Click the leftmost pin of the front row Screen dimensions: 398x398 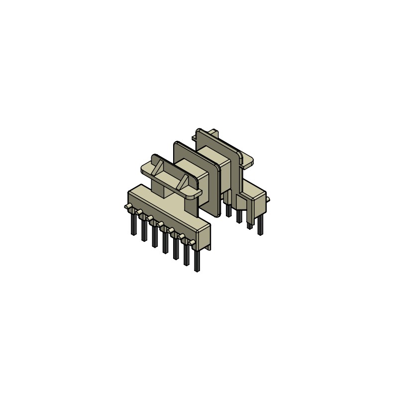pyautogui.click(x=133, y=224)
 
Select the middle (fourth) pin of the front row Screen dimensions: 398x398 pyautogui.click(x=165, y=242)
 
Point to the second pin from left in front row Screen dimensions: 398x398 pyautogui.click(x=144, y=230)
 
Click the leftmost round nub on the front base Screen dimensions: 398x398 pyautogui.click(x=127, y=206)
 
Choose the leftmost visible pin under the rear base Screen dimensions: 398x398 pyautogui.click(x=228, y=209)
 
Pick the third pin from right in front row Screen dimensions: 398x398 pyautogui.click(x=176, y=248)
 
